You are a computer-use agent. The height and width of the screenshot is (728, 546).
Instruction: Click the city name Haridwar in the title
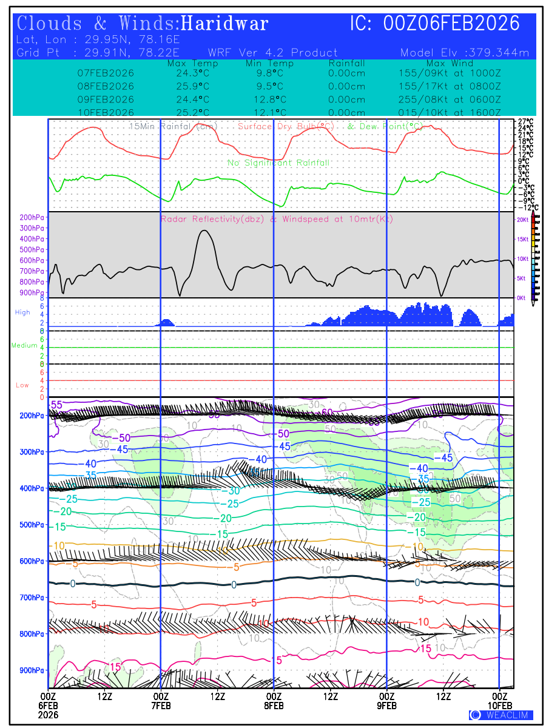coord(224,24)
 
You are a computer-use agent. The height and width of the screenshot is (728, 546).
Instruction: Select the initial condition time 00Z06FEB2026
coord(452,24)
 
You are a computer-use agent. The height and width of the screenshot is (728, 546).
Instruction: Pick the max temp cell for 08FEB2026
coord(189,86)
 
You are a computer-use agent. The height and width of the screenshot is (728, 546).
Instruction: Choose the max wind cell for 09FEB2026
coord(446,99)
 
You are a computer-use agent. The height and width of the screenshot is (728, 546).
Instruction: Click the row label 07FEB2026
coord(106,73)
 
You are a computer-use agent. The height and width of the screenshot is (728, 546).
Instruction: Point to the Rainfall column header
coord(346,63)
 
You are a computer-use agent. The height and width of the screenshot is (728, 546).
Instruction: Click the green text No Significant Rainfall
coord(278,163)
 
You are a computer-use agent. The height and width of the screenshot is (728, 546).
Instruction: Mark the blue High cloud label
coord(22,312)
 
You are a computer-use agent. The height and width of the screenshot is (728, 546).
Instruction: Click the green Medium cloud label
coord(24,345)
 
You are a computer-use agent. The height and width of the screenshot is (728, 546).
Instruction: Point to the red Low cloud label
coord(22,385)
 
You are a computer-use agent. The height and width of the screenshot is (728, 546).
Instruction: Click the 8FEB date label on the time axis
coord(274,706)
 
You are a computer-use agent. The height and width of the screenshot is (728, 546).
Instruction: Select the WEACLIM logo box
coord(500,715)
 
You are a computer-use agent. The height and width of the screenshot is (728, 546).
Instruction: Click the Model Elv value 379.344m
coord(499,53)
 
